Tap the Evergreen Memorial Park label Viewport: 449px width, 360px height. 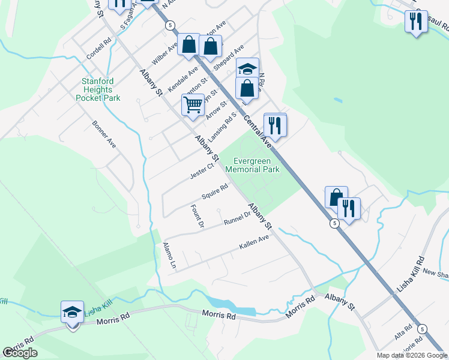click(252, 165)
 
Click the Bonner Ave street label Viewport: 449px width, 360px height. click(103, 134)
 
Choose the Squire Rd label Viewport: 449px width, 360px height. click(215, 191)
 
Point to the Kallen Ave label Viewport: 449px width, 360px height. click(254, 241)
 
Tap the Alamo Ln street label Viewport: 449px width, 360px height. click(169, 255)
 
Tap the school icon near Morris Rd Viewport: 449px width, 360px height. click(72, 313)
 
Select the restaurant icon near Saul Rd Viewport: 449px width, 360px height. click(415, 22)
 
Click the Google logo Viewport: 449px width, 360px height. click(20, 353)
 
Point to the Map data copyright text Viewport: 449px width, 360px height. click(412, 355)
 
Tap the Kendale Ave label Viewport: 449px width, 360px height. click(182, 79)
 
